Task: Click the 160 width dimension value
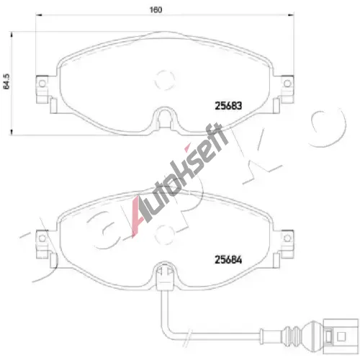point(156,10)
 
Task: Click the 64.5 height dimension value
point(6,81)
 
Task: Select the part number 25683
point(228,106)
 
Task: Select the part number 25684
point(228,260)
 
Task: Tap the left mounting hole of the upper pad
point(42,84)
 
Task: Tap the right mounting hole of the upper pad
point(287,84)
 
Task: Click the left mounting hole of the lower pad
point(42,238)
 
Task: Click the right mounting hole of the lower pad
point(287,238)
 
